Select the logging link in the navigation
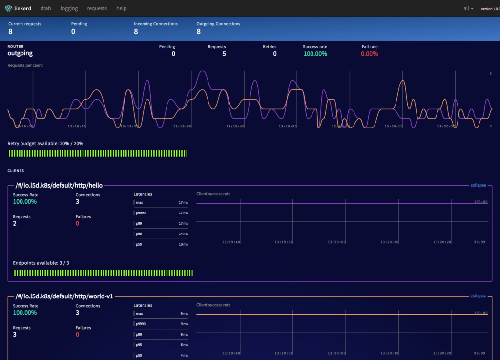[69, 8]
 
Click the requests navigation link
[97, 8]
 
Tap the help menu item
[122, 8]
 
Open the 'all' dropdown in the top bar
[468, 9]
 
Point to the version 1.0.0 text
[490, 9]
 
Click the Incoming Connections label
[156, 24]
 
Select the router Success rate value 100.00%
[315, 54]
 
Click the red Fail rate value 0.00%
[369, 54]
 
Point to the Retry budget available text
[45, 144]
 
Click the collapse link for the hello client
[478, 185]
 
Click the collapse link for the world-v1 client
[478, 296]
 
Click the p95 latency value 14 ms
[183, 234]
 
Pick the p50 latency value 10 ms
[183, 244]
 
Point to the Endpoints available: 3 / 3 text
[41, 263]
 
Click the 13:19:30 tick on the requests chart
[182, 126]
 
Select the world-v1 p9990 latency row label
[141, 324]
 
